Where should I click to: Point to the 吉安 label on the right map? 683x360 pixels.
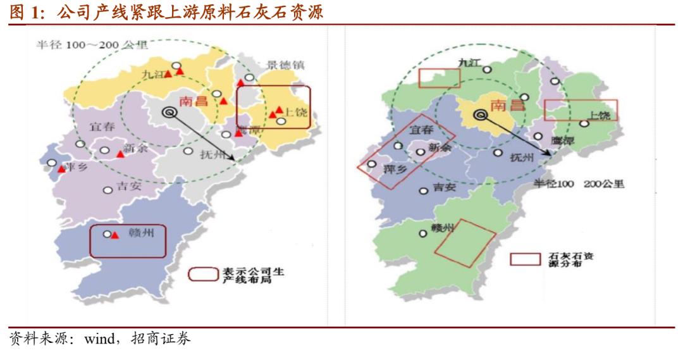444,187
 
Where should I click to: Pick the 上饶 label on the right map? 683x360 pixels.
598,115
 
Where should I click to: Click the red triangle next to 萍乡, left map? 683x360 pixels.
61,169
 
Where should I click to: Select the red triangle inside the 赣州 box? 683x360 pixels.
114,235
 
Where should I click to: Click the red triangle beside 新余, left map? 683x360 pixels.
120,154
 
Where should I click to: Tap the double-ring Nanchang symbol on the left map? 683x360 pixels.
169,112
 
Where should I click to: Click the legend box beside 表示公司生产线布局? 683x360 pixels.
203,275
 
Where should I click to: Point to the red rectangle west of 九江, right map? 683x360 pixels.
439,78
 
